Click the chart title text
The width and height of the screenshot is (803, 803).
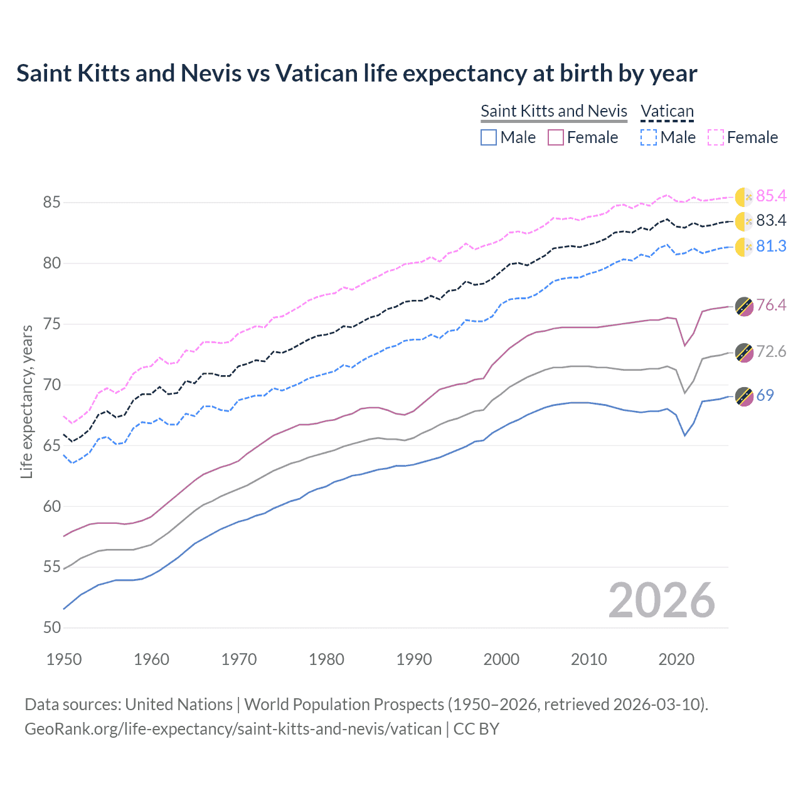356,73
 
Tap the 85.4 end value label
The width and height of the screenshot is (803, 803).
771,196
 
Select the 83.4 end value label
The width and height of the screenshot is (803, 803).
771,221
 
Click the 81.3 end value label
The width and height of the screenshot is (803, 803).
771,247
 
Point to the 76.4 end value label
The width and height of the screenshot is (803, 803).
771,306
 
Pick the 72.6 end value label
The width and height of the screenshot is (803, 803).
771,352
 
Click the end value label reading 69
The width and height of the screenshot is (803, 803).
765,396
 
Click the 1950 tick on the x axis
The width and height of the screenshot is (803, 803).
64,659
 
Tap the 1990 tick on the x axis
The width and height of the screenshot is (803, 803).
414,659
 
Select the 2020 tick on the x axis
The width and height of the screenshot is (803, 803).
676,659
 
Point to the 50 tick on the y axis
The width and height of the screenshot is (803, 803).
52,628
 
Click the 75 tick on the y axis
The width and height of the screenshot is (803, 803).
52,324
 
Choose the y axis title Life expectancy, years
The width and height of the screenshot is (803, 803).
27,401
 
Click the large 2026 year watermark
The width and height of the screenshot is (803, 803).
661,600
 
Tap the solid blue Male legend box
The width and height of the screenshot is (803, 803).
489,137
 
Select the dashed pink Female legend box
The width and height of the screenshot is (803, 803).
716,137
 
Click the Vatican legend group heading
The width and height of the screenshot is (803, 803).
667,112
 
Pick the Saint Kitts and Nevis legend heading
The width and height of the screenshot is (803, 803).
553,112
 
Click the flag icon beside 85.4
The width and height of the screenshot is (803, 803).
743,197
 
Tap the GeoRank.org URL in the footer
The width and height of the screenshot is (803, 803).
233,729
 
